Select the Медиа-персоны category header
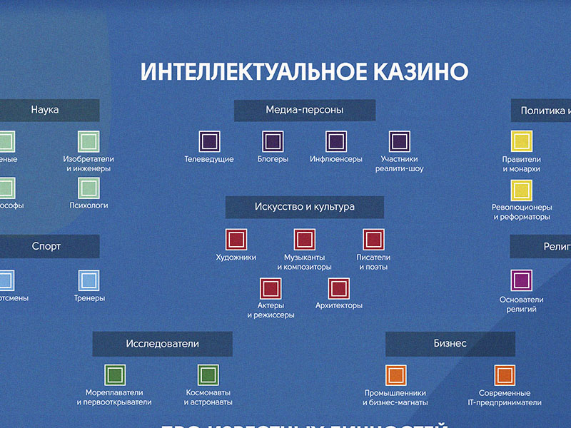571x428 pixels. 305,110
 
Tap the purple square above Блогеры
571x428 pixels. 273,141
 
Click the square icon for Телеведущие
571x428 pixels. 209,141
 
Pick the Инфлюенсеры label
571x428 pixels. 336,159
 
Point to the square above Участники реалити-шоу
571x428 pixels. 400,141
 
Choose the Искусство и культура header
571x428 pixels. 305,207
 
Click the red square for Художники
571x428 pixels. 236,239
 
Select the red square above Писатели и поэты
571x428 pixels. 373,239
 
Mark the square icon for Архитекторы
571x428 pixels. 339,288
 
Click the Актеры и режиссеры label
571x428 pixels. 271,310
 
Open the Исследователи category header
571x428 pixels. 162,344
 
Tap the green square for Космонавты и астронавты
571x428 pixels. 208,375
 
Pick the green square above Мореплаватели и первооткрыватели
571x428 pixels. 115,375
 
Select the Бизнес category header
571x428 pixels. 450,344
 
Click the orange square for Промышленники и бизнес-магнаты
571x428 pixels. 395,375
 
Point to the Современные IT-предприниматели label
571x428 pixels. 505,397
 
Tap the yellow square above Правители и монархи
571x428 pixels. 522,141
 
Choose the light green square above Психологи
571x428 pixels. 89,188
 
